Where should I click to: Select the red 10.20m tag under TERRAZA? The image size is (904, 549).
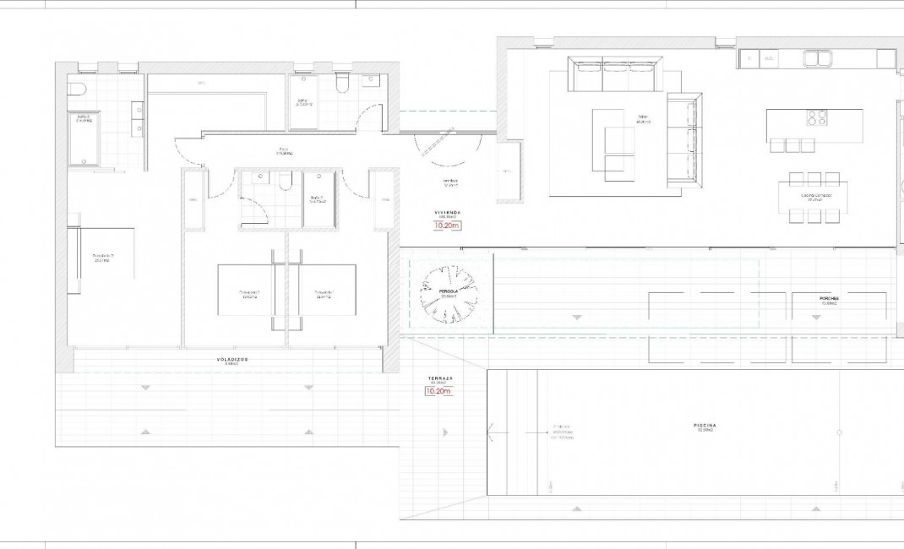tap(439, 392)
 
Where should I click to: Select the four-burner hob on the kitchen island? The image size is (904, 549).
tap(816, 117)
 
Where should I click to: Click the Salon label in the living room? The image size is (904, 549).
tap(643, 119)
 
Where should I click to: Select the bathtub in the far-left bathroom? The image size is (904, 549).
tap(84, 139)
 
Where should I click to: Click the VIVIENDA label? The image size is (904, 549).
tap(447, 214)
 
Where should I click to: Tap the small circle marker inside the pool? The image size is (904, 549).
tap(838, 432)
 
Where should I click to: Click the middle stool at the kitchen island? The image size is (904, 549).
tap(793, 145)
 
